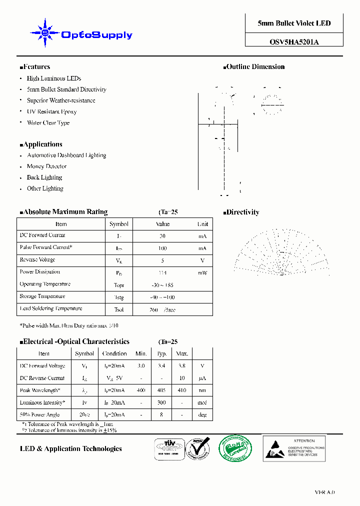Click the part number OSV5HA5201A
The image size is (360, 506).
294,42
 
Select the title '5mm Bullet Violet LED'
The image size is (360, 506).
294,23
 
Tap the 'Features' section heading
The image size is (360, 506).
36,67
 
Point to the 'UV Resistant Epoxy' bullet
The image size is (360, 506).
51,111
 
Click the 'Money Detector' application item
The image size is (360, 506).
46,166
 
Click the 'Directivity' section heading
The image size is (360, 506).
242,212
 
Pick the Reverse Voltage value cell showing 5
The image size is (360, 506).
162,260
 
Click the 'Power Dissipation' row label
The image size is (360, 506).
40,272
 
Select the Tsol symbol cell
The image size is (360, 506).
118,309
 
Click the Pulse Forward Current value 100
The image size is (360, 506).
162,248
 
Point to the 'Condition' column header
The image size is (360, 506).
114,353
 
